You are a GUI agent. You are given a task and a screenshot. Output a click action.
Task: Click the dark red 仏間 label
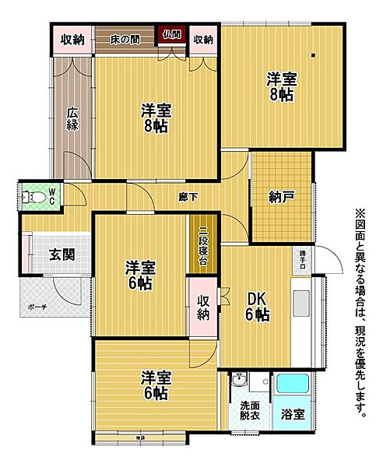pos(172,34)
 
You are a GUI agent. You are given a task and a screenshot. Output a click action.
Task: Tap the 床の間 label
pos(124,39)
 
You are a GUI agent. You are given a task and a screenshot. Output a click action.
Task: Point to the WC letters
pos(52,195)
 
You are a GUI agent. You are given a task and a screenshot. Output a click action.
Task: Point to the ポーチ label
pos(37,307)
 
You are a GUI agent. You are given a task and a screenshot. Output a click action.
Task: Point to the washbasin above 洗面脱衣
pos(241,381)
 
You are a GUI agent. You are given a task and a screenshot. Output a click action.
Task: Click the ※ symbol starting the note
pos(360,212)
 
